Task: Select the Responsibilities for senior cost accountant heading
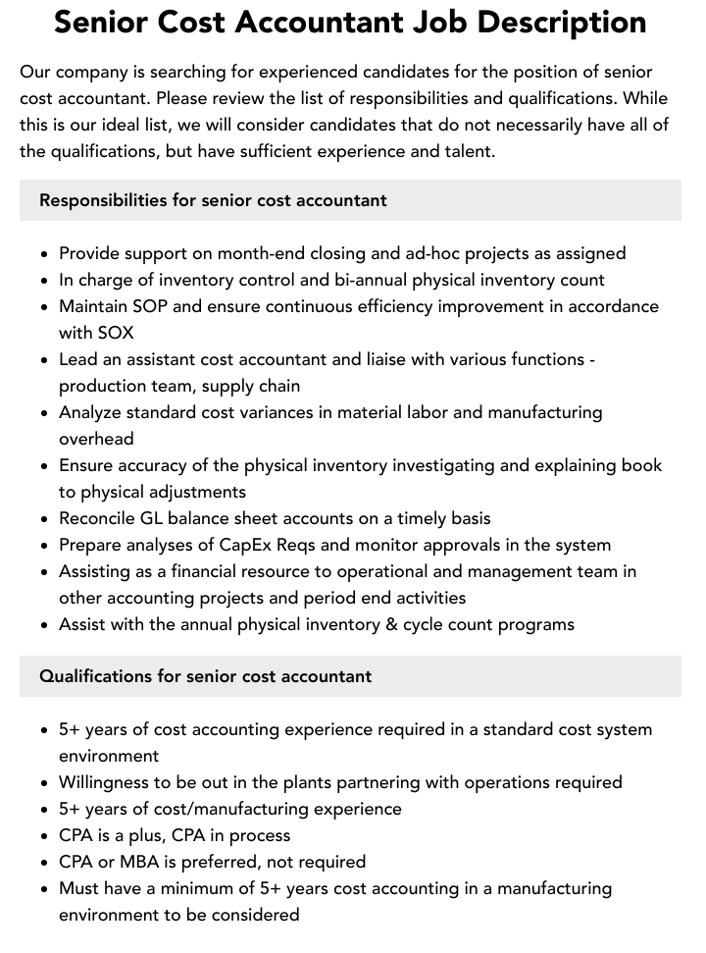pos(213,200)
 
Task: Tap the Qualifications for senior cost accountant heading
pos(205,676)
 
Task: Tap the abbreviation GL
pos(158,518)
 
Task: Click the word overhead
pos(96,439)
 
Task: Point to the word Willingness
pos(110,782)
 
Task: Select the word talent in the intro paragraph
pos(466,151)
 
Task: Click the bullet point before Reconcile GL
pos(45,519)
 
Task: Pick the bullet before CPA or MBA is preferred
pos(45,863)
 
